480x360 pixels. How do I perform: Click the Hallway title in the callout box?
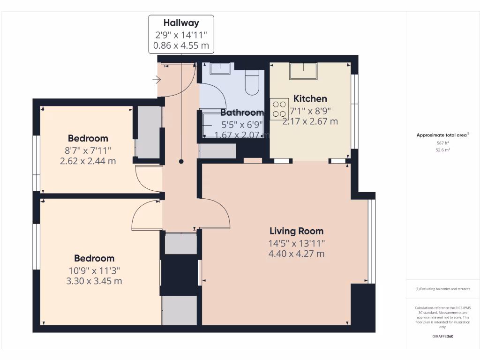181,22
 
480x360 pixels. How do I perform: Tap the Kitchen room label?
310,98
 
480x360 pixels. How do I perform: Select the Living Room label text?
296,231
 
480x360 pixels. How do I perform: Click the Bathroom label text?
242,112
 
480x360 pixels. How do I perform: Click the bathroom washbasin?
219,68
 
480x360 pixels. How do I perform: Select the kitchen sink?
303,71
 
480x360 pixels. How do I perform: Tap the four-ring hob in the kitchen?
279,109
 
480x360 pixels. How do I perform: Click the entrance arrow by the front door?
157,80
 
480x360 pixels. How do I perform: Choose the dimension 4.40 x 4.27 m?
296,254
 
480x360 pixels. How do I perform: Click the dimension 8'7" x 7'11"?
88,150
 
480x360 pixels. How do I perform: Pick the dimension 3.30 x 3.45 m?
94,281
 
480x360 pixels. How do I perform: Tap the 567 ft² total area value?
442,143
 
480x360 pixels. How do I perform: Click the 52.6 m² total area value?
442,150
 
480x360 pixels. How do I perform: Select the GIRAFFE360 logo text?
442,336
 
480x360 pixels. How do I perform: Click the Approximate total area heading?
442,135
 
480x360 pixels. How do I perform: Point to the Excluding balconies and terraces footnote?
442,289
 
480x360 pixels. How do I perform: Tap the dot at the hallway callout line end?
181,161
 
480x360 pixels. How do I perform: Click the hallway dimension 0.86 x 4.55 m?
181,46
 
